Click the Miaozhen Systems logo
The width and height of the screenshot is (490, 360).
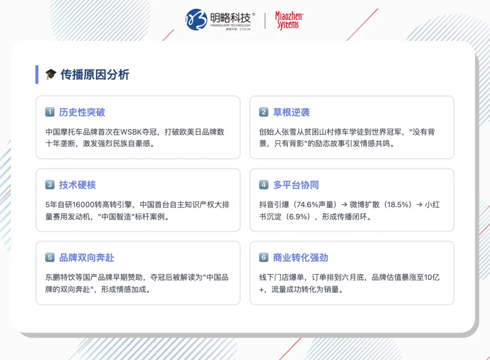point(289,20)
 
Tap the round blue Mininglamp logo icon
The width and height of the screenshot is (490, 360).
point(196,20)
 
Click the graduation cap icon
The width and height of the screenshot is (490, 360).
point(50,74)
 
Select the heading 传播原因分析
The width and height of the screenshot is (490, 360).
point(95,74)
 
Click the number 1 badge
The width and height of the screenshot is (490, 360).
point(50,112)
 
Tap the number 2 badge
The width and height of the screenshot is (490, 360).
point(264,112)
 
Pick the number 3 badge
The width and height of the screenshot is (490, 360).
point(50,185)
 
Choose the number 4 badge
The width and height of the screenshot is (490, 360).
point(264,185)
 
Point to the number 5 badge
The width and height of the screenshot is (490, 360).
point(50,257)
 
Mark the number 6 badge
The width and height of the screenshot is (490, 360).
point(264,257)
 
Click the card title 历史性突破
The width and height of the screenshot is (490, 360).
point(82,112)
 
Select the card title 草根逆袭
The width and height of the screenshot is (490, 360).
point(291,112)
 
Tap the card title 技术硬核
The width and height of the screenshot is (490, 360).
point(78,185)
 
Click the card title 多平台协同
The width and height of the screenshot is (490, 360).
point(296,185)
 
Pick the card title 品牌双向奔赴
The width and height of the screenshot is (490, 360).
point(87,257)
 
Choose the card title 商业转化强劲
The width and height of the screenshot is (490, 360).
point(300,257)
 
